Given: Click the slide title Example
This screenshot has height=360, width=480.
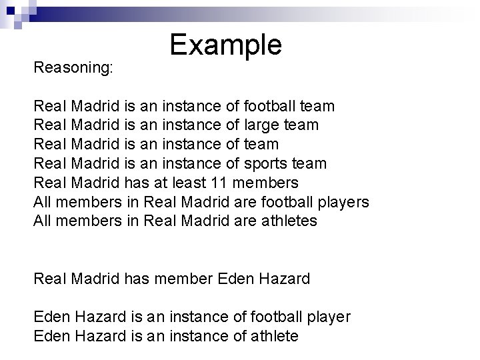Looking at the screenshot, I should pyautogui.click(x=226, y=45).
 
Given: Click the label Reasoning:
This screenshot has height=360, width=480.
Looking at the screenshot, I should pyautogui.click(x=73, y=67).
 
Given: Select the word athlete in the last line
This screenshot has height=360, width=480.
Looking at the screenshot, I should pyautogui.click(x=272, y=336).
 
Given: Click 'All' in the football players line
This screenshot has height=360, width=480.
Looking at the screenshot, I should pyautogui.click(x=42, y=201).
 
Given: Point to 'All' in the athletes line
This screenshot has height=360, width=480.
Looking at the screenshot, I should pyautogui.click(x=42, y=221).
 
